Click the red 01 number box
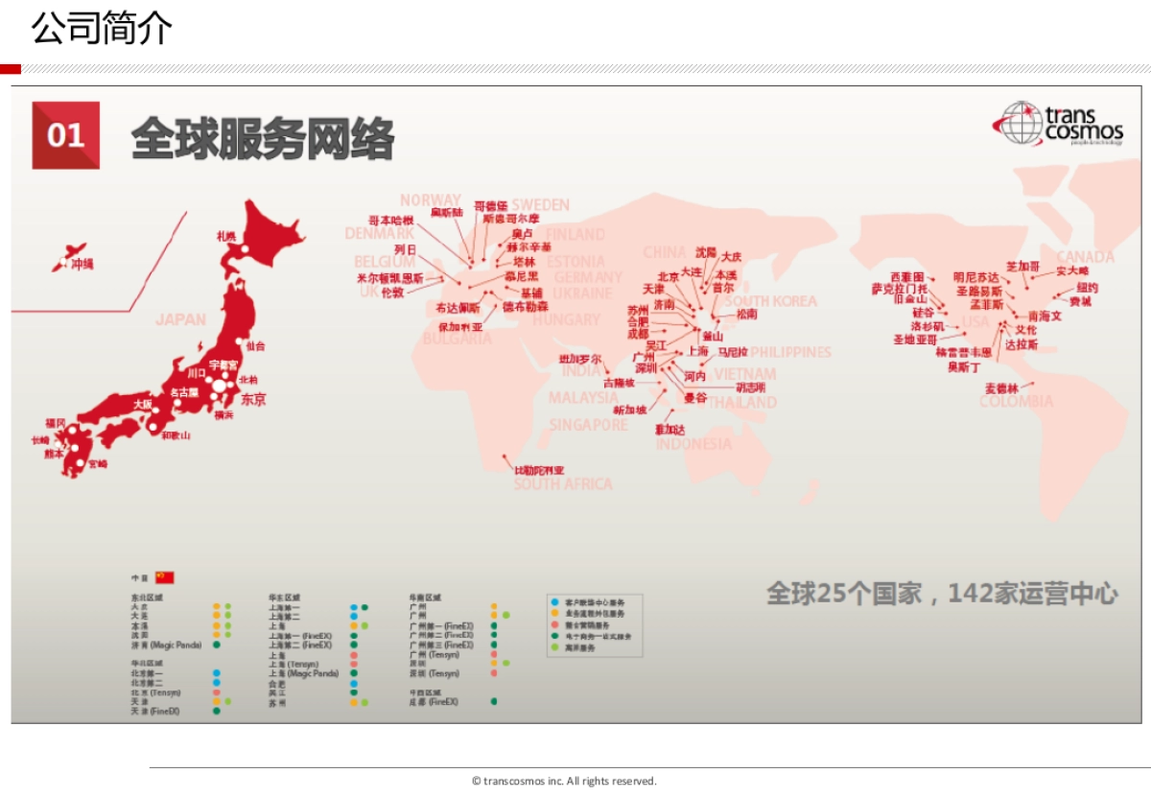(x=65, y=135)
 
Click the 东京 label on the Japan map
(x=253, y=399)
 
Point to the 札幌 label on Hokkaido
(x=226, y=236)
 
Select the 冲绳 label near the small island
(x=83, y=264)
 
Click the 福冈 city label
(x=56, y=423)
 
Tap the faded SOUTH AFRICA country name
(x=563, y=484)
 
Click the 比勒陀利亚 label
(x=539, y=470)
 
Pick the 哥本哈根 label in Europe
(x=391, y=221)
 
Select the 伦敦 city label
(x=393, y=292)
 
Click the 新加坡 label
(x=629, y=410)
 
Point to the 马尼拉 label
(x=733, y=352)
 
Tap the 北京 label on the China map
(x=669, y=276)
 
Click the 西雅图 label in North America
(x=906, y=277)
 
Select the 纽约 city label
(x=1087, y=288)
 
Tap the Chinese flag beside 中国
(x=165, y=577)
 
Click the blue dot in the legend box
(x=554, y=601)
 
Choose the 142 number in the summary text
(x=974, y=594)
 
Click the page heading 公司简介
(x=102, y=29)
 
